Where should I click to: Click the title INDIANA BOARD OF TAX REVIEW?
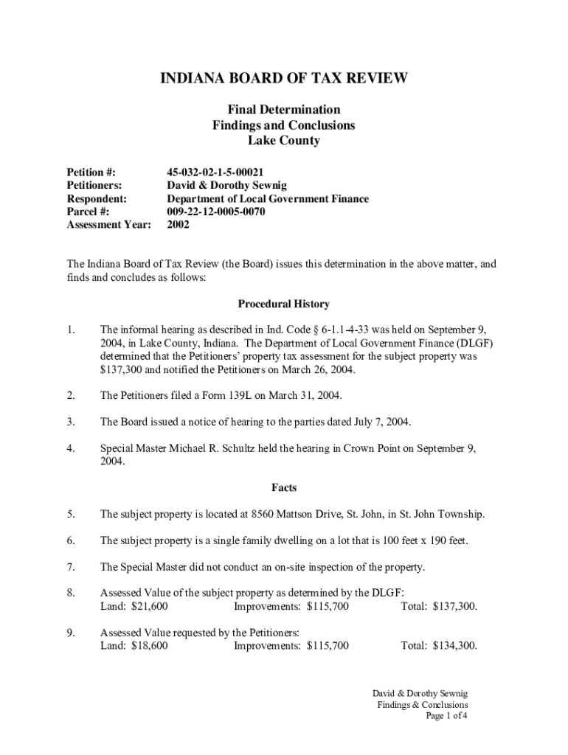pyautogui.click(x=284, y=79)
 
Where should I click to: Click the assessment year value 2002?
pyautogui.click(x=178, y=225)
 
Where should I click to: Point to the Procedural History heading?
pyautogui.click(x=283, y=304)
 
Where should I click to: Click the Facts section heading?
pyautogui.click(x=283, y=487)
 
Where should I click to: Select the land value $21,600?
pyautogui.click(x=149, y=607)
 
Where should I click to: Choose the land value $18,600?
pyautogui.click(x=149, y=646)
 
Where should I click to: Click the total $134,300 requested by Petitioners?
pyautogui.click(x=451, y=646)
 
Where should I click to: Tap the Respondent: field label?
pyautogui.click(x=97, y=198)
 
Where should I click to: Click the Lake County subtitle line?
pyautogui.click(x=283, y=140)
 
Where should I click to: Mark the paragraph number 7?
pyautogui.click(x=71, y=567)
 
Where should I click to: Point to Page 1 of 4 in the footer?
pyautogui.click(x=447, y=716)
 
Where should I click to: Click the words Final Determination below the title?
pyautogui.click(x=283, y=110)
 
